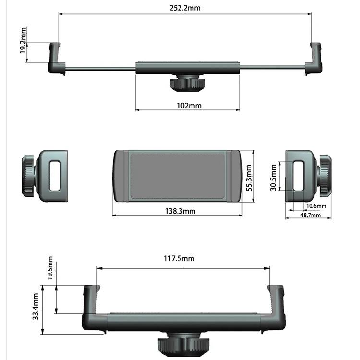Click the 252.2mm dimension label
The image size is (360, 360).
pyautogui.click(x=185, y=8)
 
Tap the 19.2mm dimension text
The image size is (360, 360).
pyautogui.click(x=23, y=41)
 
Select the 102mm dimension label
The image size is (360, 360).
pyautogui.click(x=189, y=106)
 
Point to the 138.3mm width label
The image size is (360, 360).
pyautogui.click(x=180, y=211)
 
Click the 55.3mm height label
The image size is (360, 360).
pyautogui.click(x=249, y=178)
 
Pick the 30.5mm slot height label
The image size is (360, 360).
pyautogui.click(x=273, y=178)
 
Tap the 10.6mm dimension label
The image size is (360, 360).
pyautogui.click(x=316, y=206)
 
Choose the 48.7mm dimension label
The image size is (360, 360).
pyautogui.click(x=311, y=215)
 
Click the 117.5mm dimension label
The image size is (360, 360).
pyautogui.click(x=179, y=259)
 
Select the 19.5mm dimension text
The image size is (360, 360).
pyautogui.click(x=50, y=268)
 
